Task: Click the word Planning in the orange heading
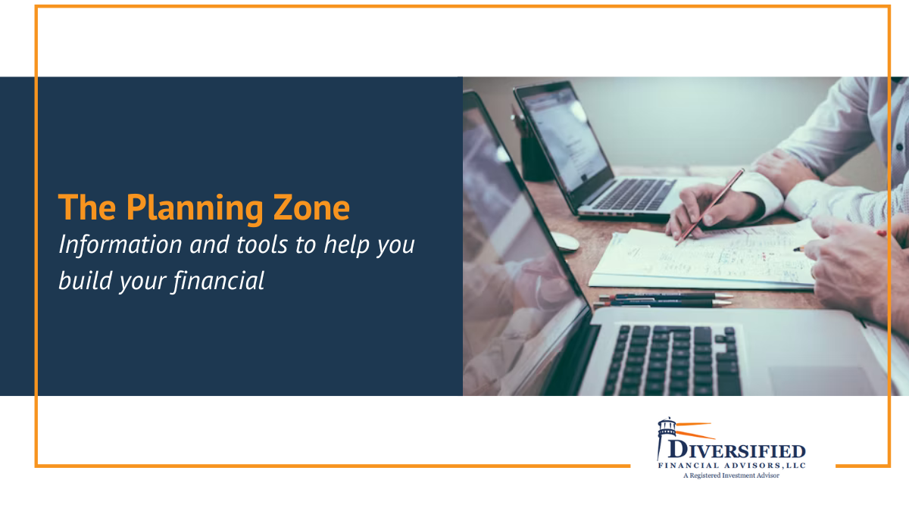[x=198, y=207]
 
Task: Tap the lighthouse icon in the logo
[x=667, y=438]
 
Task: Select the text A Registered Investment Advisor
[x=731, y=475]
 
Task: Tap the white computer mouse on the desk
[x=564, y=241]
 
